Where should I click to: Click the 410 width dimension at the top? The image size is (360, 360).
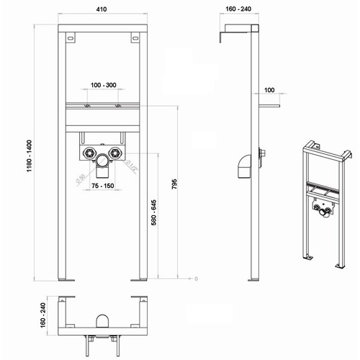coord(104,11)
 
